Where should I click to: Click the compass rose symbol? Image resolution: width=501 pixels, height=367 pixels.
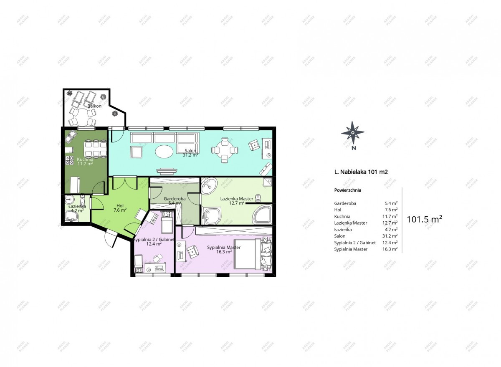353,133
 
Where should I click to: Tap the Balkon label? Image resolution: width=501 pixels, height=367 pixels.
94,106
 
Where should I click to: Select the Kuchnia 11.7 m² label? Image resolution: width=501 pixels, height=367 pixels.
85,162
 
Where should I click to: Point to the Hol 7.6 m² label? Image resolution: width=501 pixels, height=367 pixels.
120,208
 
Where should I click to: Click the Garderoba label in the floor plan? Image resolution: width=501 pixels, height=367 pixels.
175,199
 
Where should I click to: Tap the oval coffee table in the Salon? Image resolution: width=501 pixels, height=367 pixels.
164,152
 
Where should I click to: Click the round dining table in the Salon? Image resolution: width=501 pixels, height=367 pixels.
225,150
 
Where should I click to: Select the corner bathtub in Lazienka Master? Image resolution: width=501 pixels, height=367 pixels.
262,214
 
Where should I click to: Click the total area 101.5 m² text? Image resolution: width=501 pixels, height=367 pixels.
424,219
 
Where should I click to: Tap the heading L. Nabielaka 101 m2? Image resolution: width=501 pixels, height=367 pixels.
361,172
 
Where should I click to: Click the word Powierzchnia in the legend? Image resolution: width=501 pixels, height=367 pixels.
347,190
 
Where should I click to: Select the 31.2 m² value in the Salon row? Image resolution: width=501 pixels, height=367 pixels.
390,236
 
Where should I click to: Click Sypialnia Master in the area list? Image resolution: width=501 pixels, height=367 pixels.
351,249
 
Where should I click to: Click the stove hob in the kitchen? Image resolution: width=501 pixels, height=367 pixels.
69,160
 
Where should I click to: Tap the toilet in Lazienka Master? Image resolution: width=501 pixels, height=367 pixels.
258,198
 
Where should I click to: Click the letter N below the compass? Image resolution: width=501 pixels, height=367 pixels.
354,148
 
